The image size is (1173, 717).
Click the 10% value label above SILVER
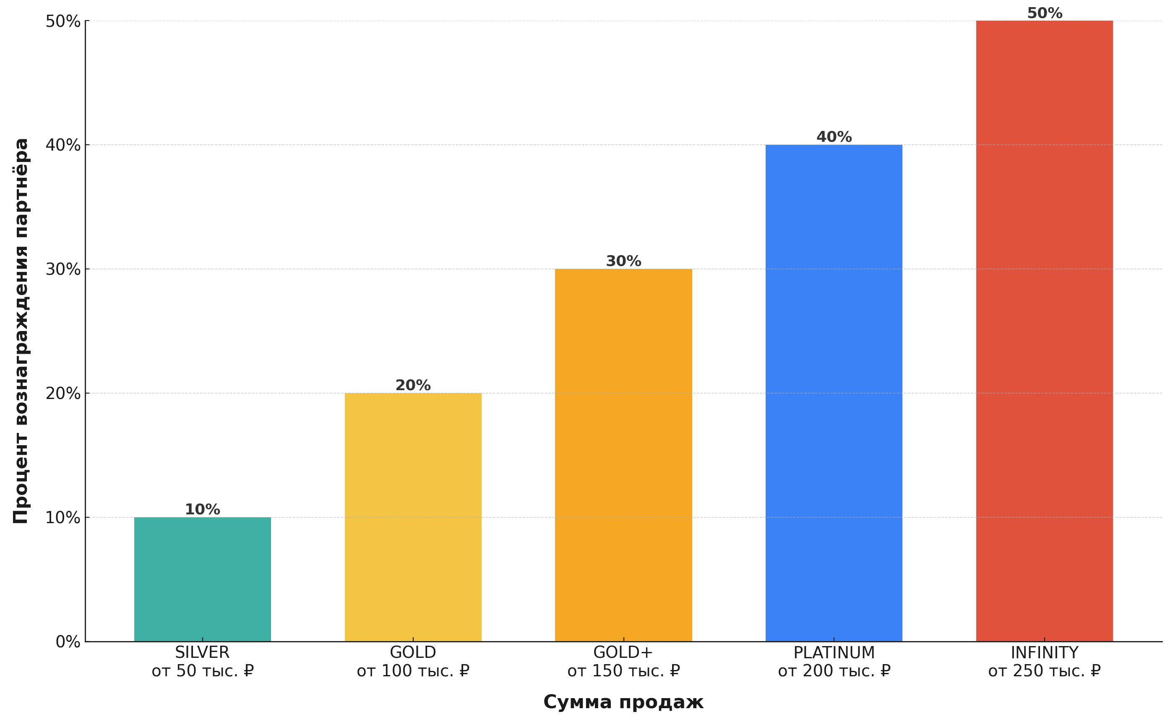[202, 509]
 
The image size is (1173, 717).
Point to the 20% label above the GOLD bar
[413, 385]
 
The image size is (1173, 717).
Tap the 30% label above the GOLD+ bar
[623, 261]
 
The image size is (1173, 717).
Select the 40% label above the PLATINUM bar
[834, 137]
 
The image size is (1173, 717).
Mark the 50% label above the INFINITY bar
[1044, 13]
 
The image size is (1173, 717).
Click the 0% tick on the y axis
[68, 642]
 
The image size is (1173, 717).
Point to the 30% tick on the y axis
[63, 269]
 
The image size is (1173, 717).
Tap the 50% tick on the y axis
[63, 21]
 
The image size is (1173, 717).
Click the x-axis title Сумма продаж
[623, 702]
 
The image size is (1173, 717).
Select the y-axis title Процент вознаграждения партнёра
[21, 331]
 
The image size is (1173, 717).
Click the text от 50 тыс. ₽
[202, 671]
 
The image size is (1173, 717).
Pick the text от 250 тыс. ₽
[1044, 671]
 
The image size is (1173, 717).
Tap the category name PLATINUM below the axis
[834, 652]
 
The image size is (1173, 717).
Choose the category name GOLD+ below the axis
[623, 652]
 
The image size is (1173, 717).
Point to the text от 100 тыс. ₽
[413, 671]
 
